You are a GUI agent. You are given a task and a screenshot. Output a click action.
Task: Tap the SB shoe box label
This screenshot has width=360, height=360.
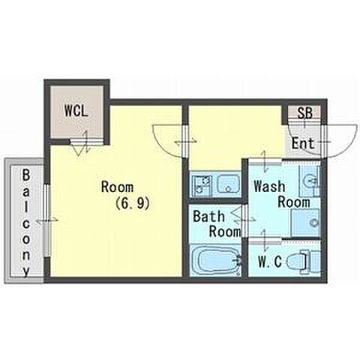(x=304, y=113)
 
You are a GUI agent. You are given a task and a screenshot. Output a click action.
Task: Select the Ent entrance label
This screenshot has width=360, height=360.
(x=303, y=143)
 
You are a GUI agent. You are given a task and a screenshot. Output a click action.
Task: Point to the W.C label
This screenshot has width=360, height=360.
(x=270, y=262)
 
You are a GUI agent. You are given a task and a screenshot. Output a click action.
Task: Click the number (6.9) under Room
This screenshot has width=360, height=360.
(x=133, y=203)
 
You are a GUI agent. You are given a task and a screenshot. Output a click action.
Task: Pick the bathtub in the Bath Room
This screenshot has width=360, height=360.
(x=215, y=261)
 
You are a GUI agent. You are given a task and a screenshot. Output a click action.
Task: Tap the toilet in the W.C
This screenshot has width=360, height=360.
(x=303, y=262)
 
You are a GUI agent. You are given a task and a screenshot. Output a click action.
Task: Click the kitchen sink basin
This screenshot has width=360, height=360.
(x=228, y=184)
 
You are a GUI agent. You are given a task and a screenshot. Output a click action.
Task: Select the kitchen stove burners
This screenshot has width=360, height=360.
(x=202, y=184)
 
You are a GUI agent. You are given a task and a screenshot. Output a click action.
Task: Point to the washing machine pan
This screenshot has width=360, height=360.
(x=306, y=223)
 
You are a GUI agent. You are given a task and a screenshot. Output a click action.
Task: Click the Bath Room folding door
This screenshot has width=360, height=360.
(x=239, y=219)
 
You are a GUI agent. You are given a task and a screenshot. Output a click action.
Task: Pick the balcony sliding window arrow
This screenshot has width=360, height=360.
(x=47, y=220)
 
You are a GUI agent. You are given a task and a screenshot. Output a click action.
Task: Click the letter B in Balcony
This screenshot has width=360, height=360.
(x=26, y=175)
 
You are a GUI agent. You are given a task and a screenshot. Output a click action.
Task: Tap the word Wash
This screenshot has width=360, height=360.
(x=269, y=186)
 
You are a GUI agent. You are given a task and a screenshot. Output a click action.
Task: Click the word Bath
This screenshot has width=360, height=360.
(x=208, y=216)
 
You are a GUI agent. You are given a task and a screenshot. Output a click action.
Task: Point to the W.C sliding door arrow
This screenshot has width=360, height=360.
(x=264, y=240)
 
